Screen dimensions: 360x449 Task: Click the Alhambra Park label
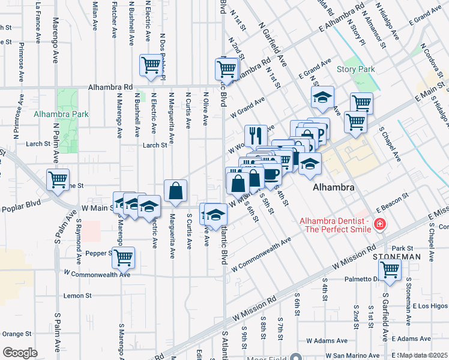(x=61, y=114)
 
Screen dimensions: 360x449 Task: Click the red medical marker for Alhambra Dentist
(x=379, y=225)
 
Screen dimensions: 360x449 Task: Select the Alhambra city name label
(x=333, y=187)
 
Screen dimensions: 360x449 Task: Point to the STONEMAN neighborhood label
(x=396, y=256)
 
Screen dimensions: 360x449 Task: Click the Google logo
(x=20, y=353)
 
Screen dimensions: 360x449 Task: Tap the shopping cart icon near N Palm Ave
(x=58, y=179)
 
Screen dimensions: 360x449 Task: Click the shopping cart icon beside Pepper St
(x=123, y=258)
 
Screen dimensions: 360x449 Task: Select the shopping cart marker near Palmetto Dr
(x=390, y=272)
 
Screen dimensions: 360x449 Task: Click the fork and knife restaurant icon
(x=256, y=136)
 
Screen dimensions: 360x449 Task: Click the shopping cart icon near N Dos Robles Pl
(x=151, y=65)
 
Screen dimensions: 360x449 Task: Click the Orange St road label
(x=11, y=334)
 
